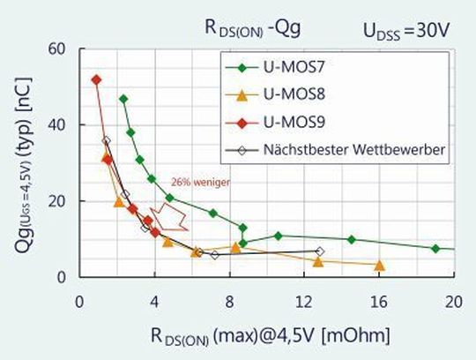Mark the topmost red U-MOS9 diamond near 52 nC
(96, 79)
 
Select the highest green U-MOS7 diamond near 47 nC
(123, 99)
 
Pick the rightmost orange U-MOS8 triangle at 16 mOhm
(379, 265)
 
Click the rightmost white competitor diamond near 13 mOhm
(320, 251)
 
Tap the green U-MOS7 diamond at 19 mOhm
(435, 249)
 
